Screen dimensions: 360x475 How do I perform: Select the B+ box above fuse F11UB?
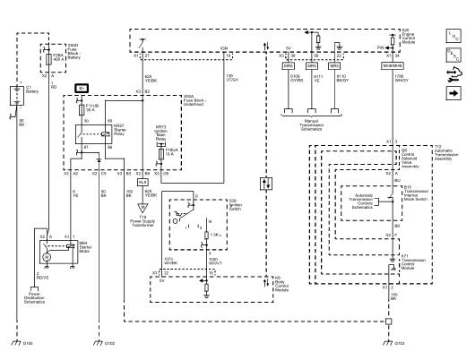(82, 87)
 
